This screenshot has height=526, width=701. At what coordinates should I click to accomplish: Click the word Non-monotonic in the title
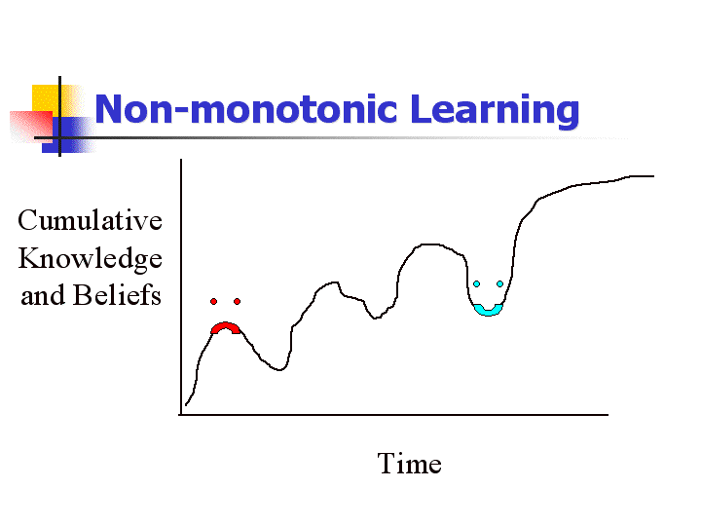tap(246, 109)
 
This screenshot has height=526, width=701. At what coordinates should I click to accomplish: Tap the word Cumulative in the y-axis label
tap(90, 220)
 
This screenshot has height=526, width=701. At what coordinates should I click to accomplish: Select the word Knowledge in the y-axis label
tap(90, 259)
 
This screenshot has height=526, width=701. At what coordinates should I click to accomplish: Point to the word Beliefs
tap(117, 295)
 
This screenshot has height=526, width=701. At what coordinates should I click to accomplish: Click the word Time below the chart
tap(410, 464)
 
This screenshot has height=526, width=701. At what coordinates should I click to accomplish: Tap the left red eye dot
tap(213, 301)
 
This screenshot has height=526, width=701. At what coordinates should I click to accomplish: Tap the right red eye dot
tap(237, 301)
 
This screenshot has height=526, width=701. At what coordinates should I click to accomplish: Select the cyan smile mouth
tap(488, 312)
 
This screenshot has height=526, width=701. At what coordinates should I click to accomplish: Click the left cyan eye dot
tap(476, 284)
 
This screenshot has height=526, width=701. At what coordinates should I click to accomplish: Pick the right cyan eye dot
tap(499, 284)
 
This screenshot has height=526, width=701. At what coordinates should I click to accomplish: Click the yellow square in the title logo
tap(50, 99)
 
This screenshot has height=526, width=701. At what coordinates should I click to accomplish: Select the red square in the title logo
tap(31, 126)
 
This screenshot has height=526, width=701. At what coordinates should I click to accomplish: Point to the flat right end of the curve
tap(643, 176)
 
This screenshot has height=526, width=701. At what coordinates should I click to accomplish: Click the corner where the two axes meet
tap(181, 415)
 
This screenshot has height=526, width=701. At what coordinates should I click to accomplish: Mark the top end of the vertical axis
tap(181, 159)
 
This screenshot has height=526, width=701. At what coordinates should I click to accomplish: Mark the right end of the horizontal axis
tap(608, 415)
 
